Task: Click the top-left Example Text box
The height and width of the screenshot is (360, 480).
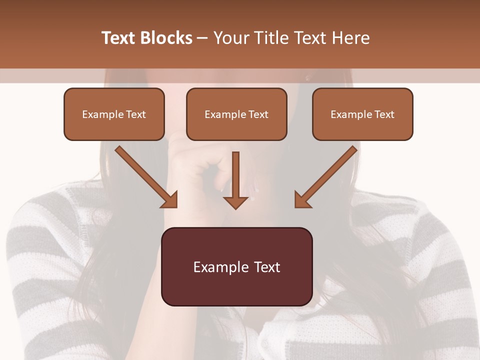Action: tap(114, 114)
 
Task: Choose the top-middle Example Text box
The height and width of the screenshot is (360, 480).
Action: tap(236, 114)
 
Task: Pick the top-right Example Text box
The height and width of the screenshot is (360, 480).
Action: tap(362, 114)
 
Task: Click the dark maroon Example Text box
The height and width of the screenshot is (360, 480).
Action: tap(236, 267)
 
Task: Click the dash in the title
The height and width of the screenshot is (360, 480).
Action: tap(202, 38)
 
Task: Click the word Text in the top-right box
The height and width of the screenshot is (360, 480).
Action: tap(384, 114)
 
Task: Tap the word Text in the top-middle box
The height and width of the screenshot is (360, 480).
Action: tap(258, 114)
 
